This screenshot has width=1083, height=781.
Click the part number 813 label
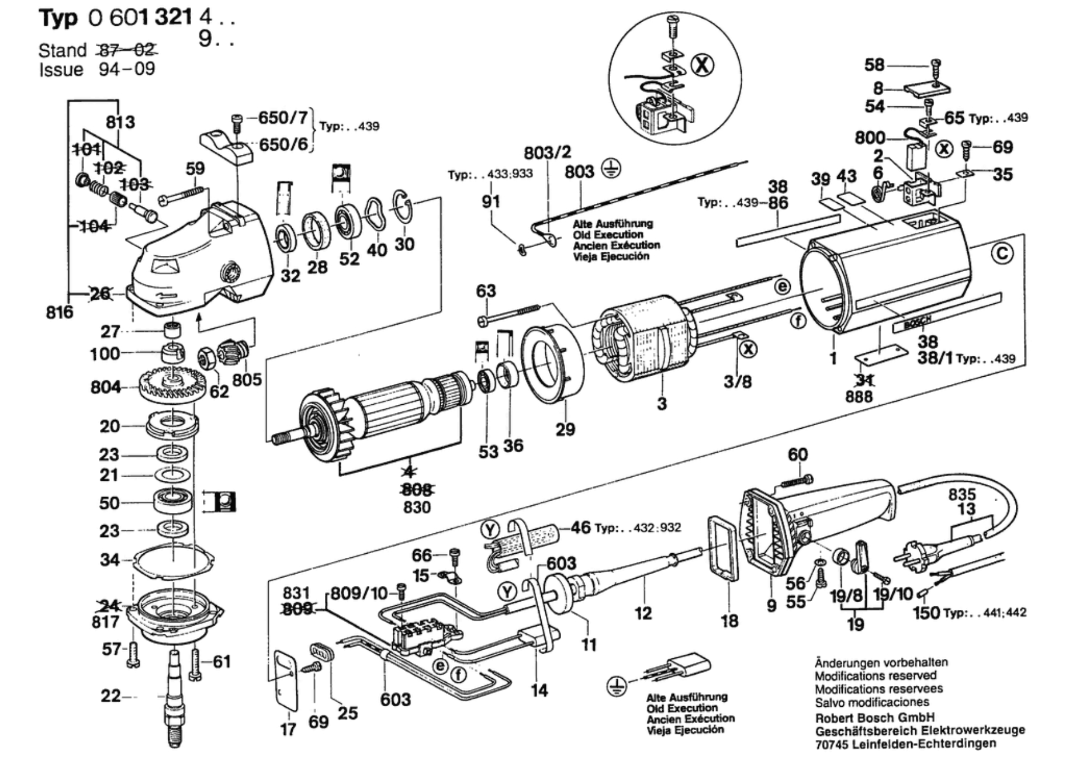tap(120, 122)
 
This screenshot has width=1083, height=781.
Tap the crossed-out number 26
tap(100, 293)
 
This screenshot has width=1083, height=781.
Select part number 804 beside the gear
tap(105, 387)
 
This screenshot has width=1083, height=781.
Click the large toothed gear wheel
tap(173, 385)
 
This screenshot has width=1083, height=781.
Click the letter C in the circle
tap(1002, 254)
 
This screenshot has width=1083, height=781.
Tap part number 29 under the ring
tap(565, 429)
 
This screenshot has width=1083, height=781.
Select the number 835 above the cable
tap(962, 494)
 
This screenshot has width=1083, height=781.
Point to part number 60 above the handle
tap(798, 454)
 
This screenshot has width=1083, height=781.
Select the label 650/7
tap(283, 117)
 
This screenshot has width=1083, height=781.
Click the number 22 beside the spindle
tap(110, 696)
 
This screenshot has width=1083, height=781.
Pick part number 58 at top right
tap(874, 64)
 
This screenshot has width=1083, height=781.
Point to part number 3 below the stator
tap(662, 403)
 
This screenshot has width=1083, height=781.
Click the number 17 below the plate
tap(288, 729)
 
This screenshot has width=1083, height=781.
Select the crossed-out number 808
tap(417, 490)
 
